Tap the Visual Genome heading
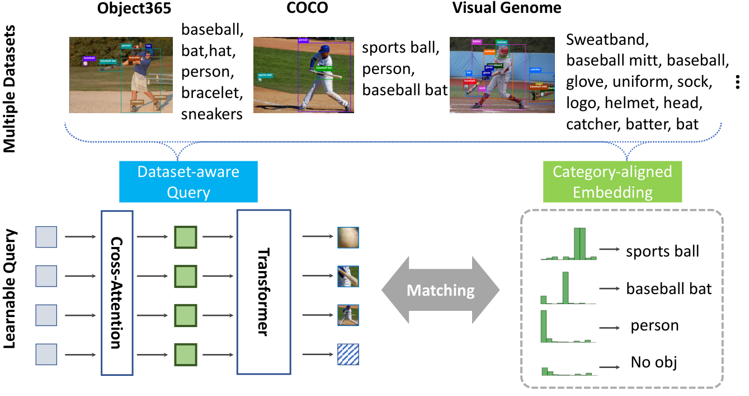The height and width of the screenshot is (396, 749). click(x=506, y=9)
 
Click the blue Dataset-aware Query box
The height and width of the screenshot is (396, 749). click(x=188, y=181)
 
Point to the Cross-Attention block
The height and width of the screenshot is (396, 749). click(x=116, y=292)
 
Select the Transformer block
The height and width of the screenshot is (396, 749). click(x=264, y=292)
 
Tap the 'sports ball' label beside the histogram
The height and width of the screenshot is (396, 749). click(x=662, y=251)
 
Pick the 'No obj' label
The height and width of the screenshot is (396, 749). click(x=653, y=362)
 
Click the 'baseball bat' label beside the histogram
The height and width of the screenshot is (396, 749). click(x=668, y=288)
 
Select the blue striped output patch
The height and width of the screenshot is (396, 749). click(x=347, y=353)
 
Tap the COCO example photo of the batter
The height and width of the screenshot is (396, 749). click(x=303, y=75)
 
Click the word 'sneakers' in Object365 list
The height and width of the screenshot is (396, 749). click(x=212, y=115)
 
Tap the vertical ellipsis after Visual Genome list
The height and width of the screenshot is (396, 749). click(x=738, y=82)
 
